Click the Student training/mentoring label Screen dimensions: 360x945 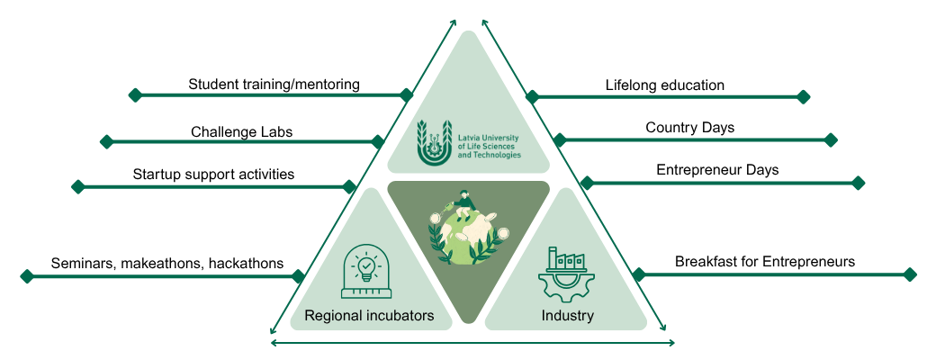click(x=274, y=85)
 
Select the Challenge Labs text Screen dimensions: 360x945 click(x=241, y=132)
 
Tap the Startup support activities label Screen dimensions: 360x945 click(x=213, y=174)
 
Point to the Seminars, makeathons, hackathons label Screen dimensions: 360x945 click(x=167, y=264)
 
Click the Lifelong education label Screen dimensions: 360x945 click(x=665, y=85)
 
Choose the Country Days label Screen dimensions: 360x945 click(x=689, y=128)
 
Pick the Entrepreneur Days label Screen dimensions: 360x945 click(x=717, y=169)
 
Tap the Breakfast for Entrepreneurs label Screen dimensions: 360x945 click(x=765, y=262)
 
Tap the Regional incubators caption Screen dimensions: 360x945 click(x=369, y=316)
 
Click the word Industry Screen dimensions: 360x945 click(x=567, y=316)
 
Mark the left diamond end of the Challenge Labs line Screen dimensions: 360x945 click(x=106, y=141)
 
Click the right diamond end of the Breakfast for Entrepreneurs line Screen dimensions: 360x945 click(x=910, y=274)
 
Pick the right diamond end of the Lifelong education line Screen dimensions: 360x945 click(x=804, y=96)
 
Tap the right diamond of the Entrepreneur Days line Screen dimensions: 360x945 click(x=858, y=183)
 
